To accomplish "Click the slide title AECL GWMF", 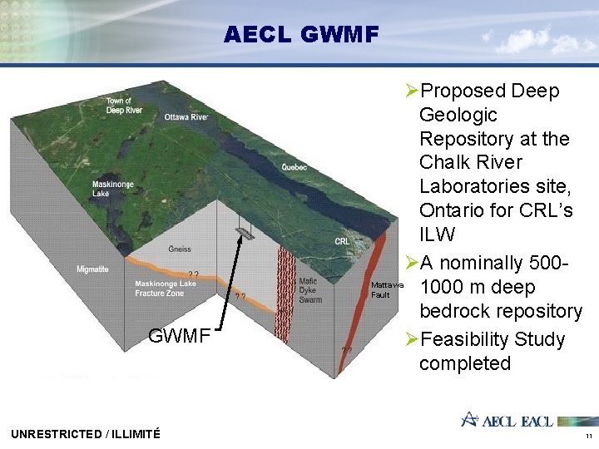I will (x=300, y=35).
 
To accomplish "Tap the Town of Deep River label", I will (x=124, y=106).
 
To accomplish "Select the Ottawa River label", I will (x=186, y=117).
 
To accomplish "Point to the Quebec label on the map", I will (x=294, y=167).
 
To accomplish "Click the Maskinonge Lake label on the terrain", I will (x=109, y=189).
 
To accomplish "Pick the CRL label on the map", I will (x=342, y=241).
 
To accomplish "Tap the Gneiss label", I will (x=180, y=249).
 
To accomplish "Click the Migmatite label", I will (x=92, y=269).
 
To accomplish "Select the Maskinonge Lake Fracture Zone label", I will (x=165, y=289).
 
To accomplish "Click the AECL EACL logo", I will (x=507, y=420).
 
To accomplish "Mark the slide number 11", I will (x=588, y=436).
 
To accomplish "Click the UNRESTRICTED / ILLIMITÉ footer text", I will (x=86, y=433).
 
